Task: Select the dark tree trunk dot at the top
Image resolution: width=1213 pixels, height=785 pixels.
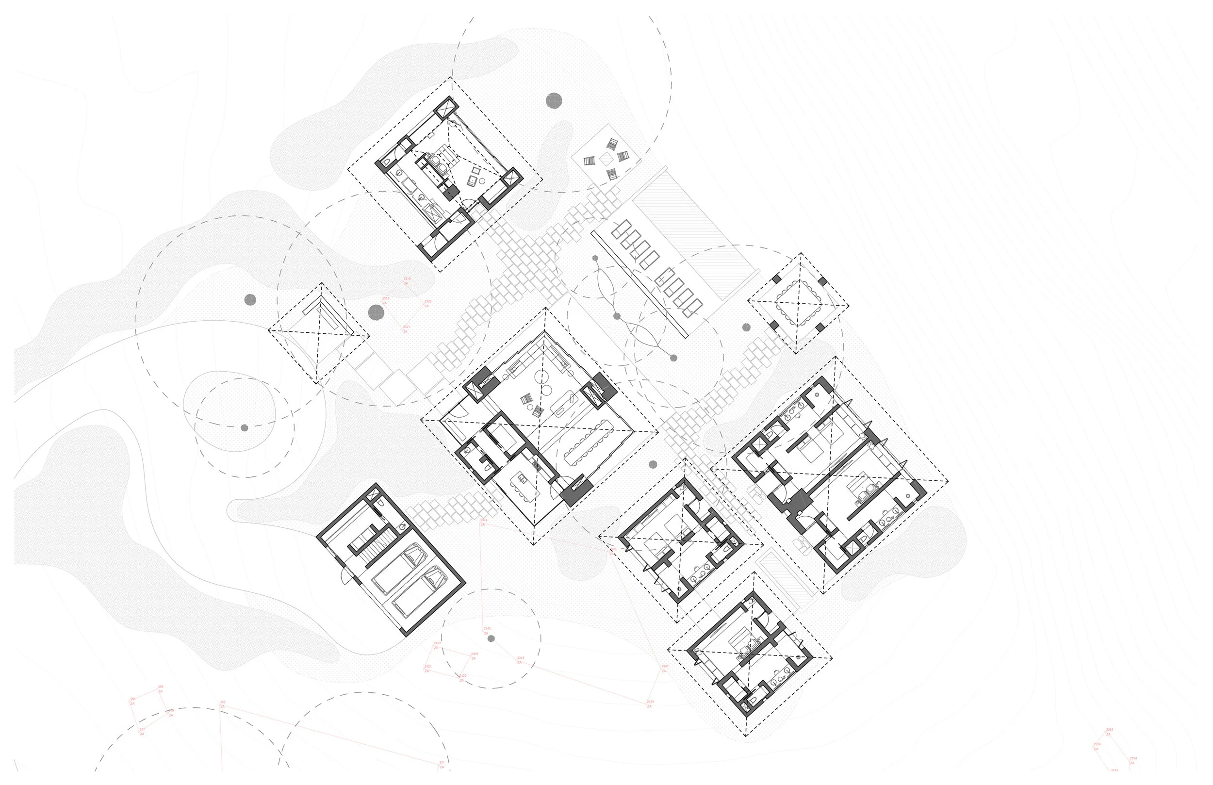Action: [x=554, y=101]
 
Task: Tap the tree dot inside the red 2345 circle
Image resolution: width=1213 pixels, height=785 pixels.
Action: [x=491, y=638]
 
